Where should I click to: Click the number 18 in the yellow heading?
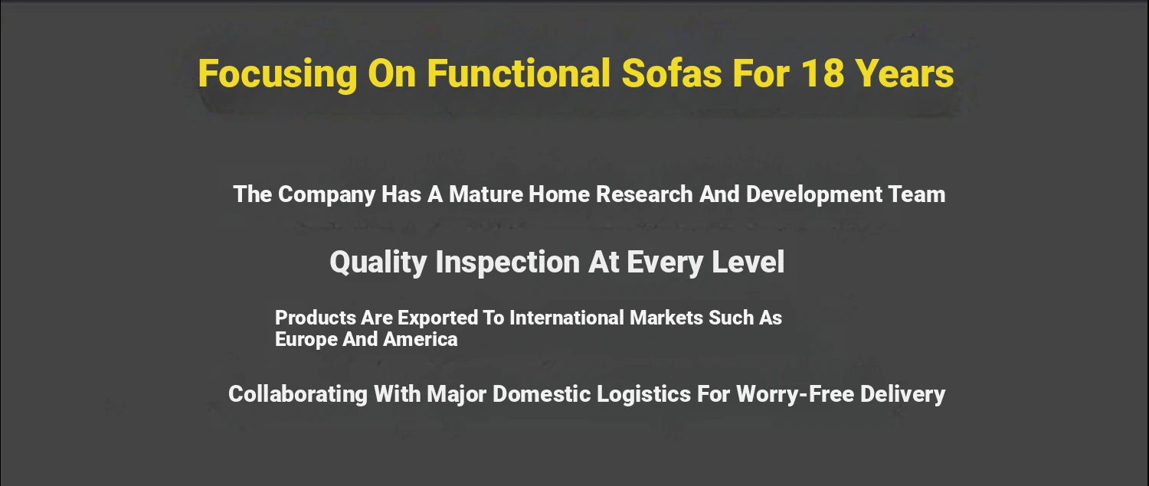tap(822, 73)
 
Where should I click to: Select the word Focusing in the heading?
tap(277, 75)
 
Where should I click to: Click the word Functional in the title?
tap(519, 73)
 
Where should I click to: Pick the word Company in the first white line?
tap(327, 195)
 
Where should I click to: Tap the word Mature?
tap(486, 194)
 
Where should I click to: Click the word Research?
tap(644, 194)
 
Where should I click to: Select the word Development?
tap(814, 195)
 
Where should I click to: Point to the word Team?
tap(917, 194)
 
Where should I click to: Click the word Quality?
tap(378, 263)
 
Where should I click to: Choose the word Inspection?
tap(507, 263)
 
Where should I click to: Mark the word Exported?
tap(437, 318)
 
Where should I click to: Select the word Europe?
tap(306, 340)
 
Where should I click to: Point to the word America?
tap(420, 339)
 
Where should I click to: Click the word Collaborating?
tap(298, 395)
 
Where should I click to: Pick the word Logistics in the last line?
tap(643, 395)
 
